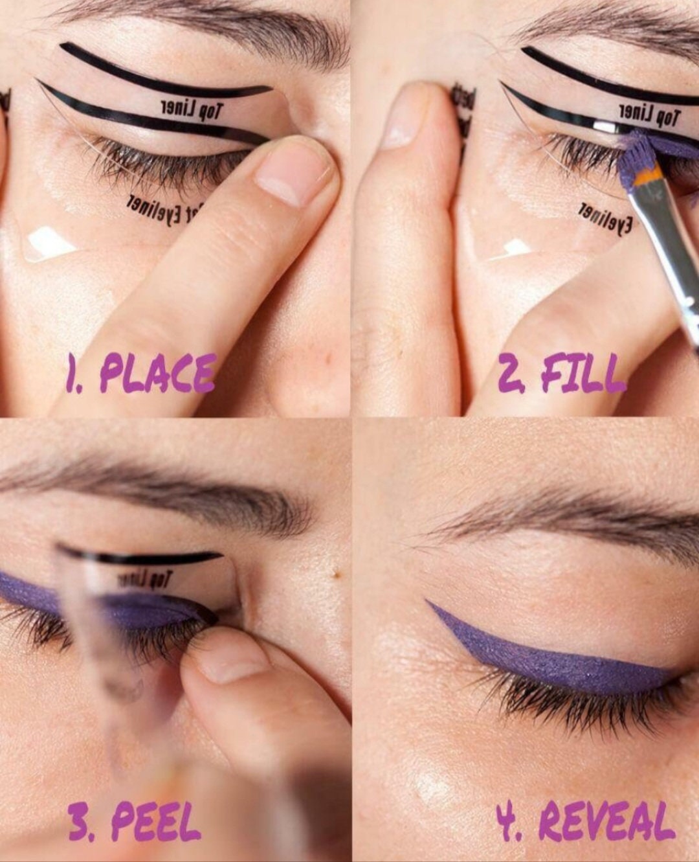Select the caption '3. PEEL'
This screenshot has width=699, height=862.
[135, 822]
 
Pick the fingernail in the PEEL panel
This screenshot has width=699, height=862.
[232, 661]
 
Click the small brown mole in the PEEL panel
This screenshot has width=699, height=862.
[336, 572]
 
